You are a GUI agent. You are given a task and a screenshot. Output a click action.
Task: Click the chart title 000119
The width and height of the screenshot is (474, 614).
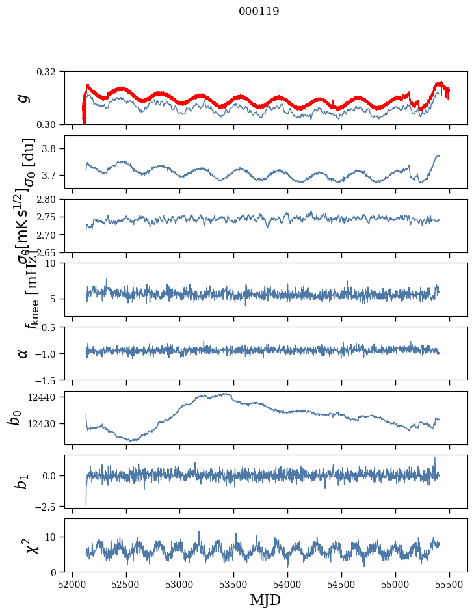pos(259,11)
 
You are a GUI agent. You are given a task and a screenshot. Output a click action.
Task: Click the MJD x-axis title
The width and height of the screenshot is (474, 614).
pos(265,600)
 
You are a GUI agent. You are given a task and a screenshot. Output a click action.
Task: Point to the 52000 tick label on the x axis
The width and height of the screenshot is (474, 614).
pos(72,583)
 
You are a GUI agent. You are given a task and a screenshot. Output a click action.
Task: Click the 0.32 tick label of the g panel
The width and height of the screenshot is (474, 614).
pos(51,71)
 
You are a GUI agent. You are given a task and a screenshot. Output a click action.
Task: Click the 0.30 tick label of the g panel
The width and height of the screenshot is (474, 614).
pos(51,124)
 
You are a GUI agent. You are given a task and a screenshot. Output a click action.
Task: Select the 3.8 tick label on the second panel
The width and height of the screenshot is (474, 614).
pos(54,149)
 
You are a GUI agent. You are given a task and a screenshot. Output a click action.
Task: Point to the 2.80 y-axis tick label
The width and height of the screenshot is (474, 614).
pos(51,199)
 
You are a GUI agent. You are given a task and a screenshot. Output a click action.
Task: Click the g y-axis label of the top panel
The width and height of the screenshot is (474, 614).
pos(23,98)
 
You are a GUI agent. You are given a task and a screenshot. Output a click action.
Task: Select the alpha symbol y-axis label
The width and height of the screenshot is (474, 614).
pos(23,353)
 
